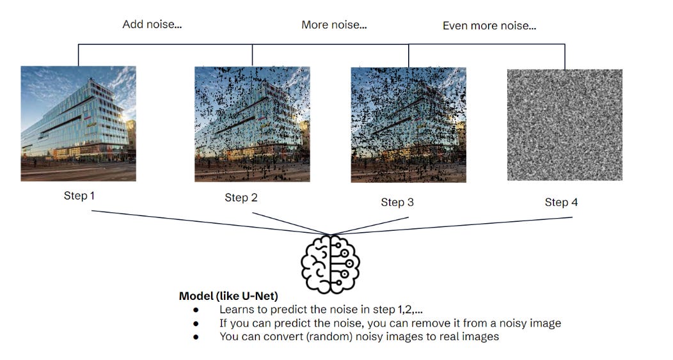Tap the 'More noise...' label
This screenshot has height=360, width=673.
pyautogui.click(x=335, y=26)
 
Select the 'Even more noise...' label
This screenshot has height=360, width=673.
pyautogui.click(x=489, y=26)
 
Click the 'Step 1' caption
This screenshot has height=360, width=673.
pyautogui.click(x=79, y=196)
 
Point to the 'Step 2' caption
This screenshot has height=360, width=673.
pyautogui.click(x=241, y=198)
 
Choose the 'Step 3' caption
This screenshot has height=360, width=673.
pyautogui.click(x=397, y=202)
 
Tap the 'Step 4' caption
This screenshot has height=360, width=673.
pyautogui.click(x=561, y=202)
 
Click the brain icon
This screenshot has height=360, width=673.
pyautogui.click(x=330, y=263)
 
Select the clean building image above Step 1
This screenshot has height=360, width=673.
pyautogui.click(x=78, y=123)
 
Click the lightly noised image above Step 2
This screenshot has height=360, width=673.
pyautogui.click(x=252, y=124)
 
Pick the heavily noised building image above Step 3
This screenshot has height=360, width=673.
pyautogui.click(x=408, y=125)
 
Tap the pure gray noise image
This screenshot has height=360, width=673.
pyautogui.click(x=564, y=125)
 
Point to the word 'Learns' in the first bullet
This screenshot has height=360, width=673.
pyautogui.click(x=236, y=310)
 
